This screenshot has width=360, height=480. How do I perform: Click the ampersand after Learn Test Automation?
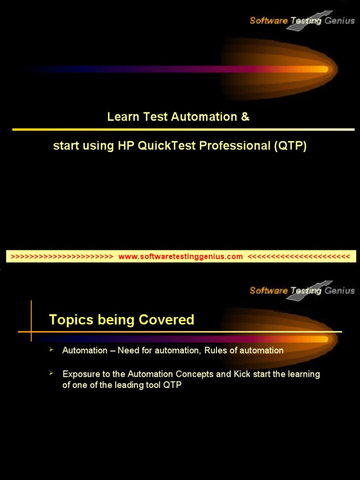pos(245,117)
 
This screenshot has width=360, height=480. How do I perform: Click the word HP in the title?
pos(126,146)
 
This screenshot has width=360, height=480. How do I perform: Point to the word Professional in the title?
pos(235,146)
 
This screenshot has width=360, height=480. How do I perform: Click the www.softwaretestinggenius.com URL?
pos(180,256)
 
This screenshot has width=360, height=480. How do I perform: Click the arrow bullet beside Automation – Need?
pos(52,350)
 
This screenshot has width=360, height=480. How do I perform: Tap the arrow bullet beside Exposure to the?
pos(52,373)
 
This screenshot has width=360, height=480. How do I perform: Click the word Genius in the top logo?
pos(339,21)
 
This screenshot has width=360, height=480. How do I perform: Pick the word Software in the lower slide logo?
pos(269,291)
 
